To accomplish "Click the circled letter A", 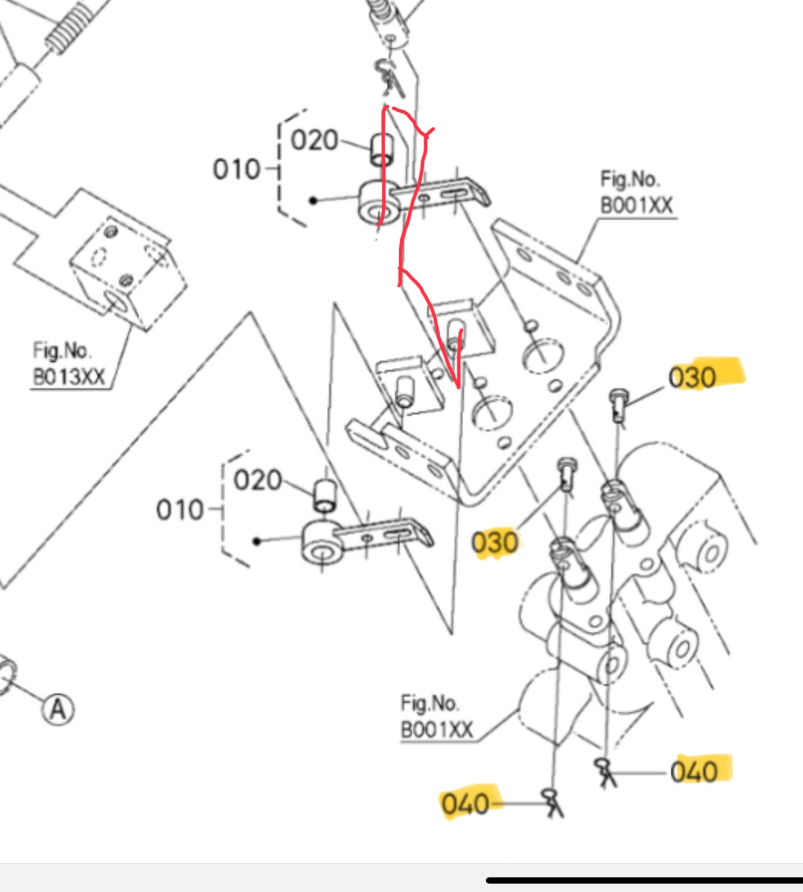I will click(58, 709).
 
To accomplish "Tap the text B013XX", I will click(69, 376).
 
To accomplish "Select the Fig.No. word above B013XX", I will click(61, 351).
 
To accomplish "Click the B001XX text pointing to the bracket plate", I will click(637, 205).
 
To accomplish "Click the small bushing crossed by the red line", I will click(382, 149).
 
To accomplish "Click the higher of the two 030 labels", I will click(692, 377).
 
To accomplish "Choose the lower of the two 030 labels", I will click(495, 543).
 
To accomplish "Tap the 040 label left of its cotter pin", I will click(465, 804).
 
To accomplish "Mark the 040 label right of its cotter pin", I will click(695, 772).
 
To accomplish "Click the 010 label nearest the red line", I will click(236, 169).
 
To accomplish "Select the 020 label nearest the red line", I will click(314, 140).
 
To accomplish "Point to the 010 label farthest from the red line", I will click(180, 510).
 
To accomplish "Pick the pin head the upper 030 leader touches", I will click(618, 400).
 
